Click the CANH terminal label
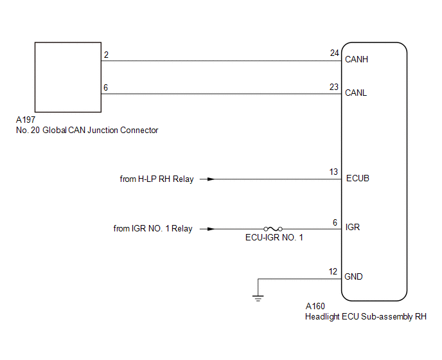coord(357,59)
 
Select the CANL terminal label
coord(356,93)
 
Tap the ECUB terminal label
coord(357,178)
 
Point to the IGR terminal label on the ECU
coord(353,227)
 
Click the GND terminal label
coord(353,276)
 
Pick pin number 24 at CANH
coord(334,53)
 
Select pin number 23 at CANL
coord(334,87)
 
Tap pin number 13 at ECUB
coord(333,172)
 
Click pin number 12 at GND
coord(333,271)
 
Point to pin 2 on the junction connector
coord(106,55)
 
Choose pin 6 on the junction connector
coord(106,87)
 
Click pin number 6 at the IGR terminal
coord(335,222)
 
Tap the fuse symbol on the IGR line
coord(273,229)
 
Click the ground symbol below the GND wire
coord(258,298)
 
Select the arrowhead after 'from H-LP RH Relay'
coord(211,179)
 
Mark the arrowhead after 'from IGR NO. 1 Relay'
coord(211,229)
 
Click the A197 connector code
coord(26,120)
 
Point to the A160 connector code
coord(315,306)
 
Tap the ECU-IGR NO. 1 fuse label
coord(274,238)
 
